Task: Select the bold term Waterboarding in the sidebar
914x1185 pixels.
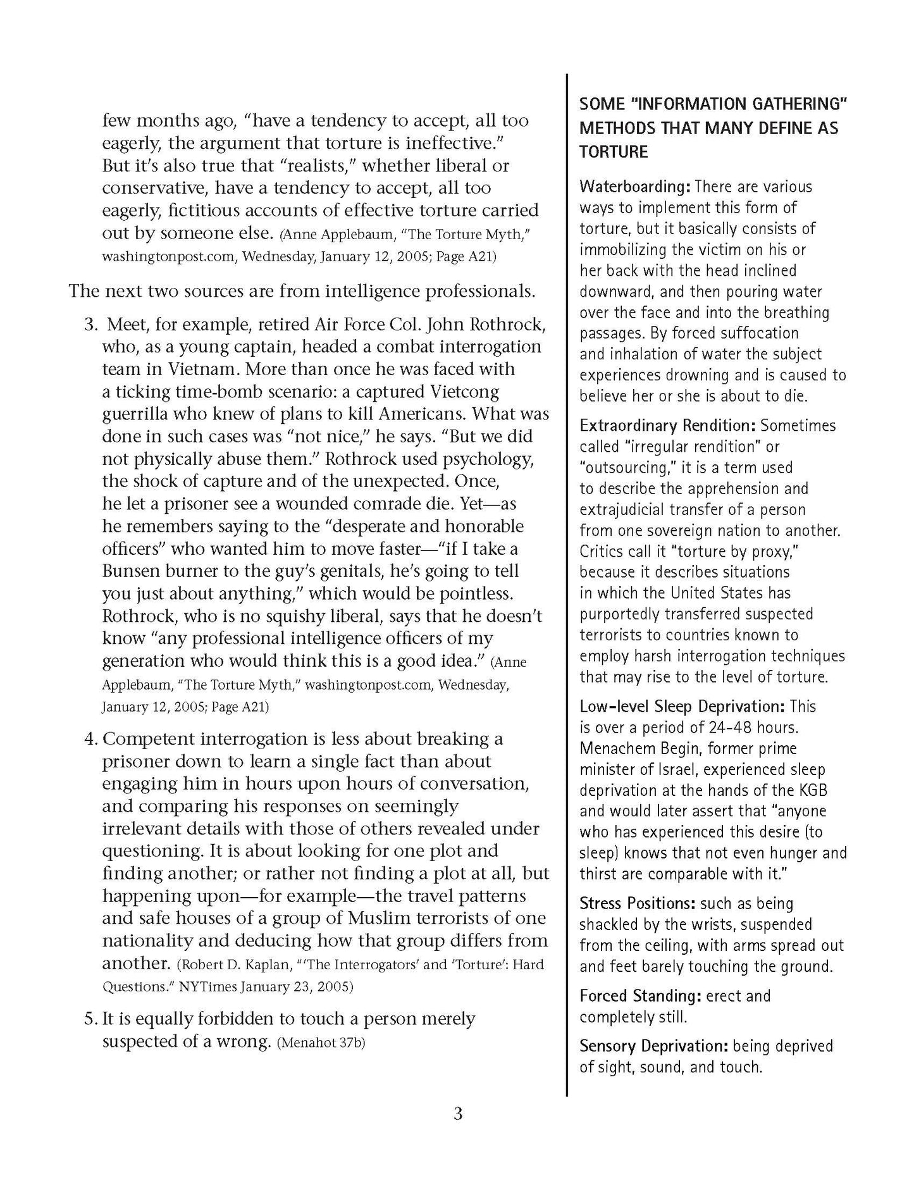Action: (634, 187)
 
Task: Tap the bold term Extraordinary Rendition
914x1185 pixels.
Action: (667, 425)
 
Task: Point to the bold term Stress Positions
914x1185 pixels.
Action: (638, 903)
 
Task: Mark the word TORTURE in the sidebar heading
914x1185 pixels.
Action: (614, 152)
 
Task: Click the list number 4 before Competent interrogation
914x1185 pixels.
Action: (91, 739)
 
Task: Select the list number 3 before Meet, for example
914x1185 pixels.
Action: (91, 325)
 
